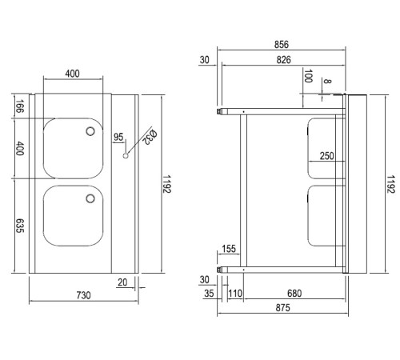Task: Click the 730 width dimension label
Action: [x=83, y=295]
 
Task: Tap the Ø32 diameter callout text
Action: [x=150, y=137]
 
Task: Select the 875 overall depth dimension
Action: [x=282, y=308]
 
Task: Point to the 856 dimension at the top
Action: [x=282, y=44]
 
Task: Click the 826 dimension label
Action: [x=283, y=60]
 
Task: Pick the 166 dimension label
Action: [x=20, y=106]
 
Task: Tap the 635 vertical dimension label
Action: [x=20, y=226]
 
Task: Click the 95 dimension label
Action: [x=118, y=137]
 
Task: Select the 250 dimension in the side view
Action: [x=327, y=156]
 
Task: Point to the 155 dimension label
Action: [x=229, y=249]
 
